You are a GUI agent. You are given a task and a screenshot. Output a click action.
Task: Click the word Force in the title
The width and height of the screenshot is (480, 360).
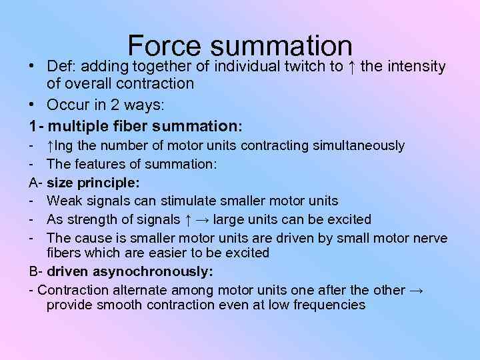(x=164, y=46)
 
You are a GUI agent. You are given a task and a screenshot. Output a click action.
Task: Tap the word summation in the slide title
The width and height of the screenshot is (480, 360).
(x=280, y=46)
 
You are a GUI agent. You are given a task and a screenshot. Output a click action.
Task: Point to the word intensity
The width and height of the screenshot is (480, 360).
(x=413, y=67)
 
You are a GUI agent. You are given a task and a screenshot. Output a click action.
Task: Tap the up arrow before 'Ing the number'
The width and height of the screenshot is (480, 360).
(x=51, y=145)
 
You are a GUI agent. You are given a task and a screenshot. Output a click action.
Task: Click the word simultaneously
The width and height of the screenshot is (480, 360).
(x=359, y=145)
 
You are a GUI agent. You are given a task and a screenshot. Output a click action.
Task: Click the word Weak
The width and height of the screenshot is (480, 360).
(x=63, y=201)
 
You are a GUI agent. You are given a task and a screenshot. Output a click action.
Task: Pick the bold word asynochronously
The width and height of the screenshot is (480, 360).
(x=158, y=271)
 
